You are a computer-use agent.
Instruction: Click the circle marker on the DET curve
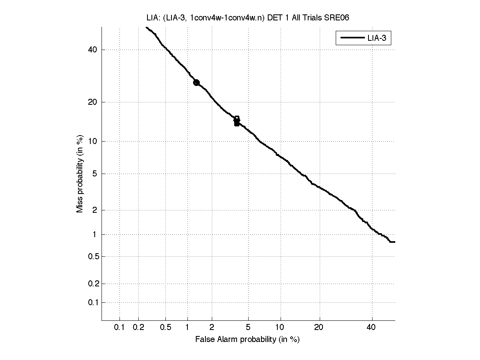pos(196,82)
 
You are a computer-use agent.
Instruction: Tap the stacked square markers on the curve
pos(237,121)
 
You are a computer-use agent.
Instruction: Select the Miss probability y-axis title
pos(80,173)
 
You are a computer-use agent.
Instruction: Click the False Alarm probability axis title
pos(247,340)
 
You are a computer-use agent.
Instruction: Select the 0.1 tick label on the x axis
pos(120,328)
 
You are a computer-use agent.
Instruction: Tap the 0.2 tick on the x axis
pos(139,328)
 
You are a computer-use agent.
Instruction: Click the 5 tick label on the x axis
pos(248,328)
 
